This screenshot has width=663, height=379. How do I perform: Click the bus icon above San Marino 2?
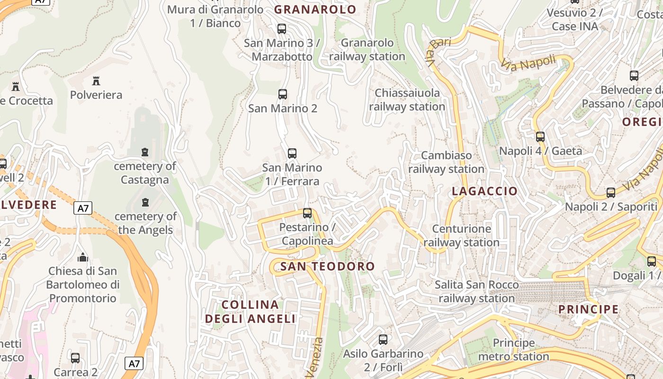[283, 94]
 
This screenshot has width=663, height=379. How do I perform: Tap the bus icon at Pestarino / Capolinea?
[307, 213]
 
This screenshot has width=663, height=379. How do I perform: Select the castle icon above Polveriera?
[96, 81]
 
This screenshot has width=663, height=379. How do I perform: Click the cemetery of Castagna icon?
[145, 152]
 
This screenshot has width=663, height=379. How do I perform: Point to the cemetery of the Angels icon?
[145, 202]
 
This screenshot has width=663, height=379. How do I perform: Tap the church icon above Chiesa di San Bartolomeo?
[83, 257]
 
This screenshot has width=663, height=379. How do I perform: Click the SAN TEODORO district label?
[327, 266]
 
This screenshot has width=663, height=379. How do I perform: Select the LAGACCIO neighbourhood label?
[484, 191]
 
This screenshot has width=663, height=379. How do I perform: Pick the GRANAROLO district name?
[315, 9]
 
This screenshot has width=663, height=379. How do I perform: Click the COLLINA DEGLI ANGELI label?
[250, 311]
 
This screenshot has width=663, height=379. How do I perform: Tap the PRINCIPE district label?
[588, 309]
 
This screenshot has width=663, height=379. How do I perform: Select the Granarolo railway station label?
[367, 50]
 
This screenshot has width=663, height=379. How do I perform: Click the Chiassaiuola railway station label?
[407, 99]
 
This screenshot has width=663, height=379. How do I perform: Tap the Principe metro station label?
[514, 350]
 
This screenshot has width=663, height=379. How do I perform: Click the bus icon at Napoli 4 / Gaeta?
[540, 137]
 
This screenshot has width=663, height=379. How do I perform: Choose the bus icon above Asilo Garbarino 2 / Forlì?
[383, 339]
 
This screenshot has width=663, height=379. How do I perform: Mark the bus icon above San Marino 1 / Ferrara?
[292, 153]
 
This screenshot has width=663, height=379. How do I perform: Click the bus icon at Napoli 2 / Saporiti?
[611, 192]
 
